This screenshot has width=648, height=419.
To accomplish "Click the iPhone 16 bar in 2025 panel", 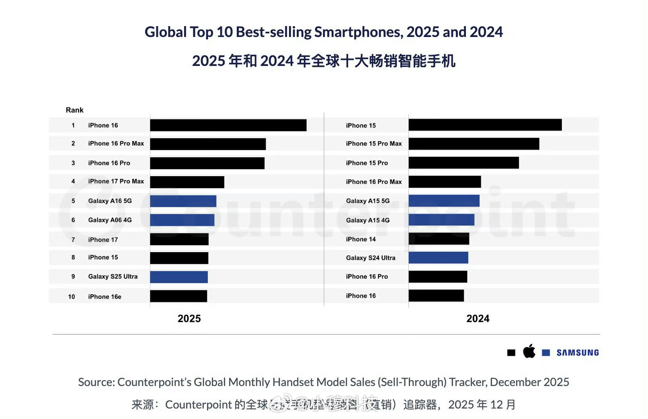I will (x=228, y=125).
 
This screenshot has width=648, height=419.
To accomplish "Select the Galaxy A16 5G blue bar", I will (x=183, y=201).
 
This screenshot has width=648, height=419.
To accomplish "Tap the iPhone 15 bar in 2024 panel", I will (x=485, y=125).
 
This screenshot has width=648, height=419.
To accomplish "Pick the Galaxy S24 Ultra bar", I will (x=438, y=258).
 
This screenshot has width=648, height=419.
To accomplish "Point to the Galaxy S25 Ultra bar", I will (x=179, y=277).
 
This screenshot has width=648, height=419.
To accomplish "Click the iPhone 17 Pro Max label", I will (x=116, y=181).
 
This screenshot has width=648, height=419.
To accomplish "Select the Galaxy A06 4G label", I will (x=110, y=220).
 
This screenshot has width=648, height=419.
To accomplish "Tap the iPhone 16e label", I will (x=105, y=297).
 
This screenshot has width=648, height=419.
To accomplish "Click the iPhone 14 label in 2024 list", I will (x=361, y=239).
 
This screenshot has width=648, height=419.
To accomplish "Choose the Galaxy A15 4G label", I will (x=367, y=220).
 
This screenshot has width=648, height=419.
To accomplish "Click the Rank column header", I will (x=74, y=110).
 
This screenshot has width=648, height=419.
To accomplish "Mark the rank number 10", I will (x=72, y=297).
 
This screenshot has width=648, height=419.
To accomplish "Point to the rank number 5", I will (x=73, y=201).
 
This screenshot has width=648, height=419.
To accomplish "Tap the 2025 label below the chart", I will (x=189, y=319).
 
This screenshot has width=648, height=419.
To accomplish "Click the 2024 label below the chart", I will (x=478, y=319).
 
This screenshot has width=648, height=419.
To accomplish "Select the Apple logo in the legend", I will (x=529, y=351).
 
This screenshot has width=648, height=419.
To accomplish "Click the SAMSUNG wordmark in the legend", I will (x=577, y=353).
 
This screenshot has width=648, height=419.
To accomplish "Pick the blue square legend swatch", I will (x=545, y=353).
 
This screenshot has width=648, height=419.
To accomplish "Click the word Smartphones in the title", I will (x=359, y=32).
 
